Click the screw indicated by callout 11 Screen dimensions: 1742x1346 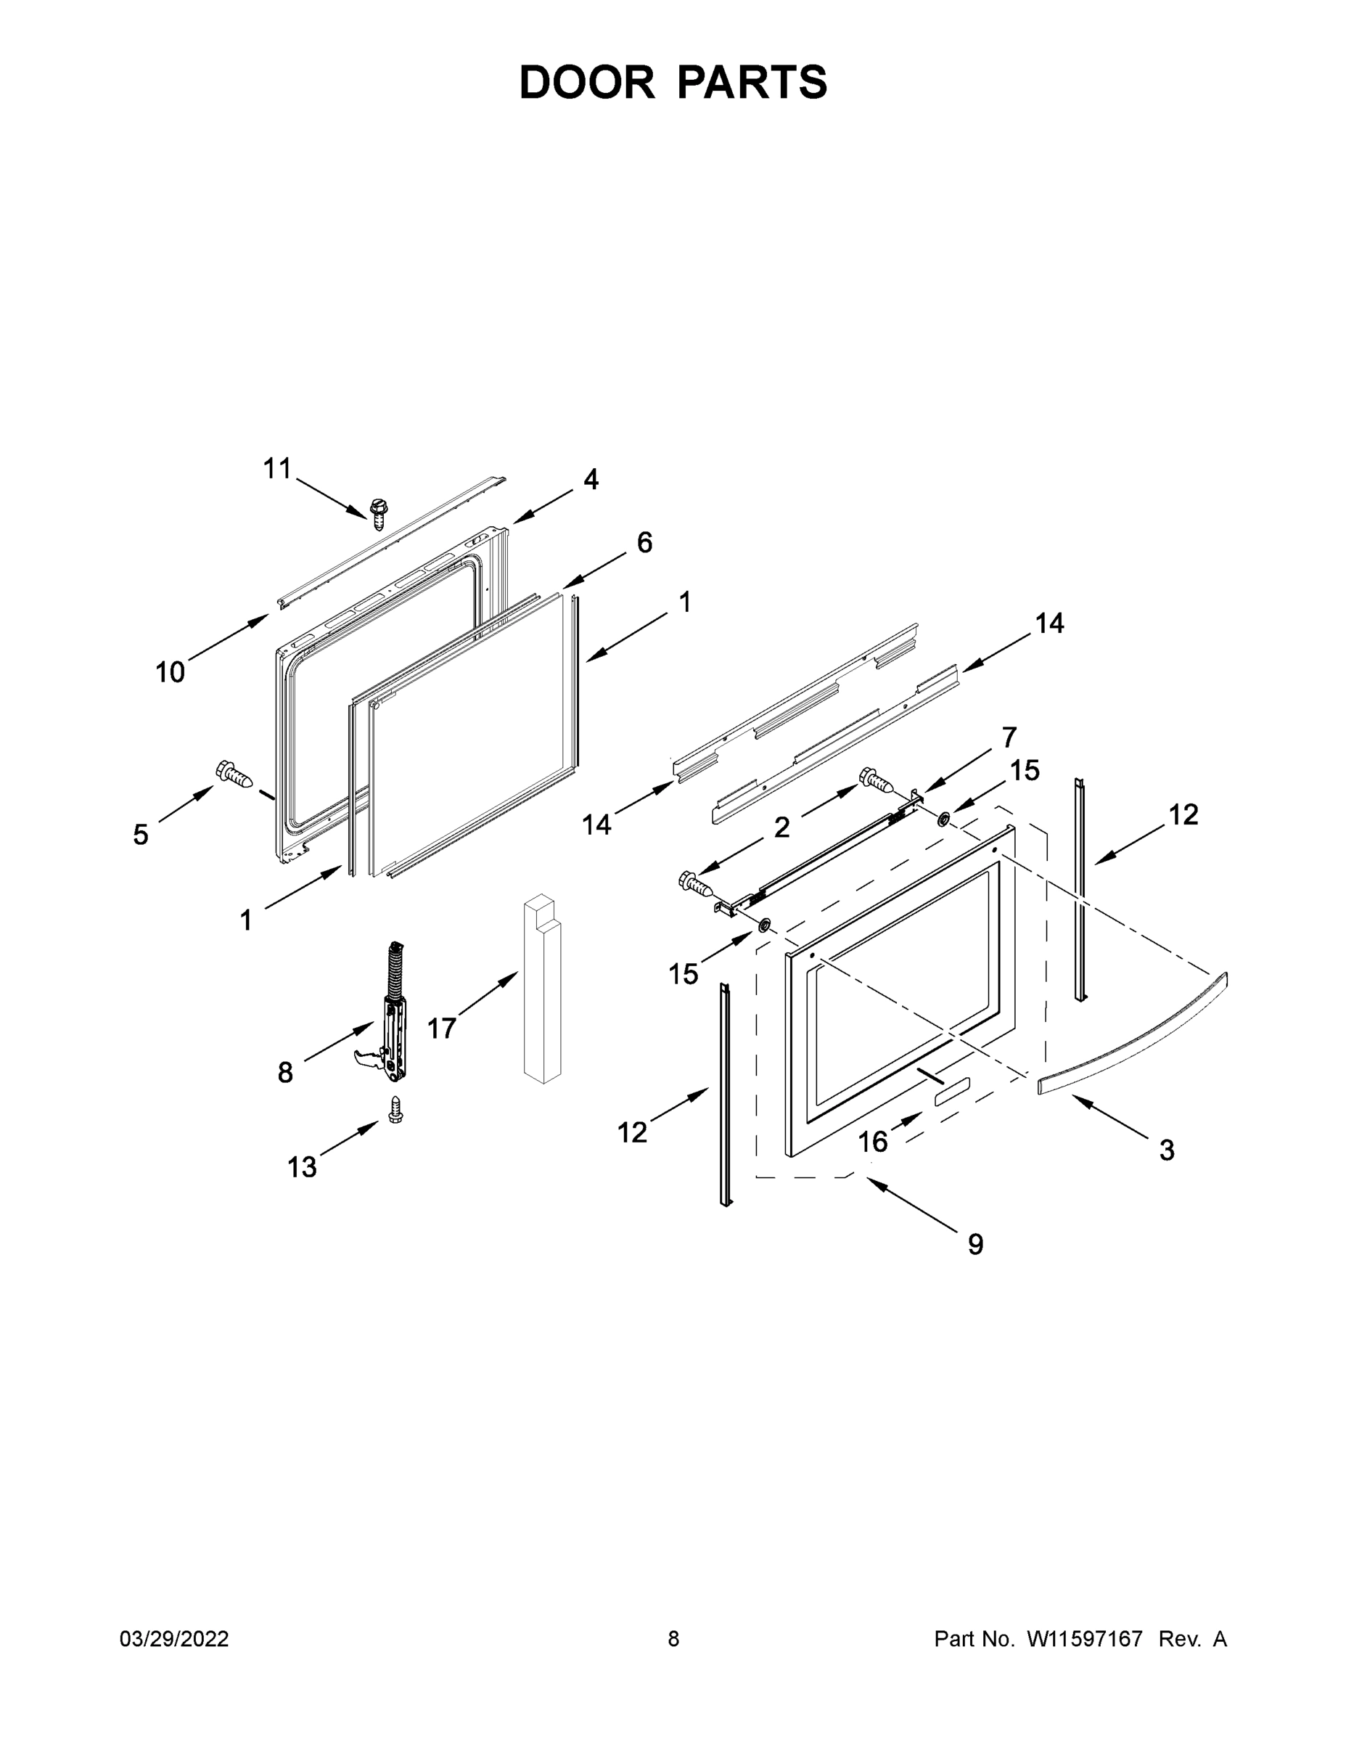click(x=379, y=514)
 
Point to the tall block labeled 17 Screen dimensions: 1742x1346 click(x=542, y=989)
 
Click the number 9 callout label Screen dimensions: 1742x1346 click(x=976, y=1243)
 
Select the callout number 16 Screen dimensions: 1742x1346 click(x=872, y=1142)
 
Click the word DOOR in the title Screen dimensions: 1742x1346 click(x=587, y=82)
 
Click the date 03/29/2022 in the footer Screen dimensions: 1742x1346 click(x=174, y=1639)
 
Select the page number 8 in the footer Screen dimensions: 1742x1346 click(x=673, y=1639)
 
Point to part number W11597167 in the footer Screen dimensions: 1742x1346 click(x=1085, y=1639)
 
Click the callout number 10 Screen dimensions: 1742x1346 click(x=170, y=672)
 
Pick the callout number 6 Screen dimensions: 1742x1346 click(x=644, y=542)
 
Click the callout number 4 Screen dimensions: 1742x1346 click(x=590, y=478)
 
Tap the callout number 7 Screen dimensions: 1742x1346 click(x=1009, y=737)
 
